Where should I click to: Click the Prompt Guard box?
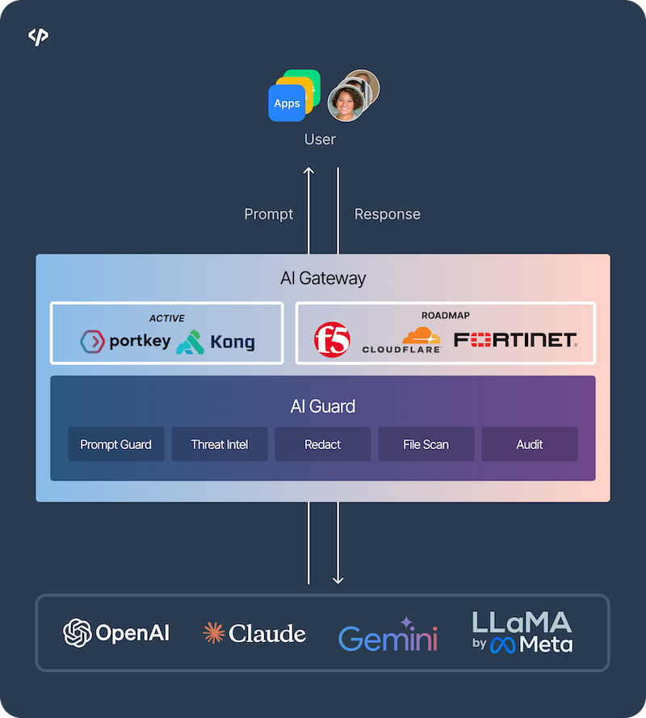(115, 444)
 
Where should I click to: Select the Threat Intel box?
(219, 444)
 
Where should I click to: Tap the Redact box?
(322, 444)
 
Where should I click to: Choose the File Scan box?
(426, 444)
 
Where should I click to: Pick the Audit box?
(529, 444)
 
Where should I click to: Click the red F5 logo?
(332, 340)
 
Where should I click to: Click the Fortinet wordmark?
(515, 340)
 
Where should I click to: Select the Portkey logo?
(125, 342)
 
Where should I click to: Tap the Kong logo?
(216, 342)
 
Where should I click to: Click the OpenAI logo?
(117, 632)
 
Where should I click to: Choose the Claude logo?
(254, 633)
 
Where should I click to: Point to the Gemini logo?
(388, 636)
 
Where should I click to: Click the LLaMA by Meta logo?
(522, 632)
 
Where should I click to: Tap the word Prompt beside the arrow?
(268, 214)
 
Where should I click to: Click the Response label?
(388, 214)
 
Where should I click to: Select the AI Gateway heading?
(322, 279)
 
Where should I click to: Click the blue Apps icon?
(287, 103)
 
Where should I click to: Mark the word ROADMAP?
(445, 316)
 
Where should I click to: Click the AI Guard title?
(322, 406)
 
